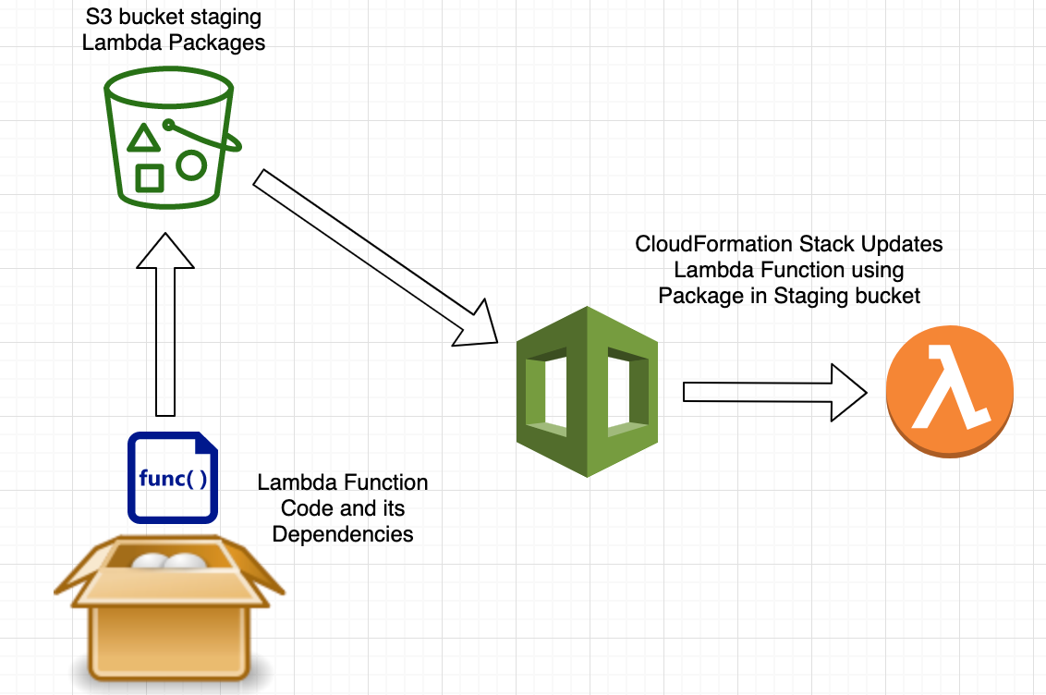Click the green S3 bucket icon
pos(171,139)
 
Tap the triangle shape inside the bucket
pos(141,139)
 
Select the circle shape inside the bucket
pos(191,165)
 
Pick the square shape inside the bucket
pos(150,177)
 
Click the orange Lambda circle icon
pos(950,392)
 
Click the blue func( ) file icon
pos(173,477)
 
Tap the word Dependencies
pos(343,534)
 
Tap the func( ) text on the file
pos(173,479)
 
